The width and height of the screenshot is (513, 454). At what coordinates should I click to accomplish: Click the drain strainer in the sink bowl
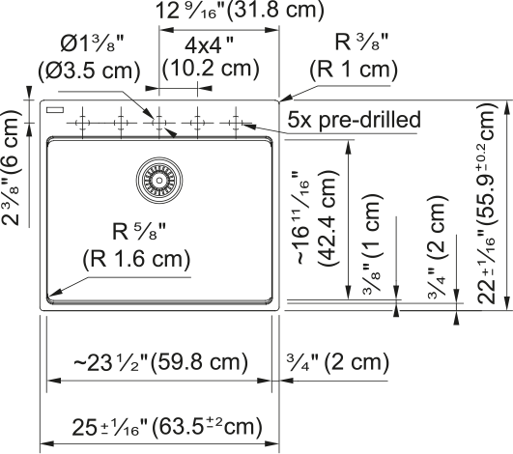point(159,181)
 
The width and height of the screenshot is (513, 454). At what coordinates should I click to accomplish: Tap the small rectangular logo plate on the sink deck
point(55,110)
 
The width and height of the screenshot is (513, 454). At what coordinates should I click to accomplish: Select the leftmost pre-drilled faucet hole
point(82,123)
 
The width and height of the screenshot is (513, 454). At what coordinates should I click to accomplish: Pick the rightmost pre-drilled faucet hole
point(236,123)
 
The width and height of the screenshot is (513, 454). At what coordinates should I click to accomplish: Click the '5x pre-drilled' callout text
point(354,120)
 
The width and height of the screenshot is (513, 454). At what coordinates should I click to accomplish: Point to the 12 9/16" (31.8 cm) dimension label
point(240,10)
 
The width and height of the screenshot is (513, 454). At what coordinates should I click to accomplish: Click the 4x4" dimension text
point(210,45)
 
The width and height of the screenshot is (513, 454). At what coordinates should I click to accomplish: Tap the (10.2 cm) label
point(211,69)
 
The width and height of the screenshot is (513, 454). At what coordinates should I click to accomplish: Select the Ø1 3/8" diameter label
point(92,43)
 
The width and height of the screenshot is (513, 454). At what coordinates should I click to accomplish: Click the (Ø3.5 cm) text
point(89,71)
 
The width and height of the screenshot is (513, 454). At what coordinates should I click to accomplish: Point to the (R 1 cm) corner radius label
point(354,70)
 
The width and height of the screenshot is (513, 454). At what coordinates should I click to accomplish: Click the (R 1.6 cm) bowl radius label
point(136,260)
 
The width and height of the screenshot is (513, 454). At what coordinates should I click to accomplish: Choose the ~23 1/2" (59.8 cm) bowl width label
point(161,363)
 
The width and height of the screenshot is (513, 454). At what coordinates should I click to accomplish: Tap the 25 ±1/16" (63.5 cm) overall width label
point(167,427)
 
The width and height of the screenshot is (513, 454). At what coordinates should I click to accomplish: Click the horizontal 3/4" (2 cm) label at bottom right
point(338,362)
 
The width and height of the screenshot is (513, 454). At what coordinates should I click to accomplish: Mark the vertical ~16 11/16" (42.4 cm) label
point(316,217)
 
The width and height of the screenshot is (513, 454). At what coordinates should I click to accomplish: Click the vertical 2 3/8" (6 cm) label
point(12,167)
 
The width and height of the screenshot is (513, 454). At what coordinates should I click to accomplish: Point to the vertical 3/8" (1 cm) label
point(372,243)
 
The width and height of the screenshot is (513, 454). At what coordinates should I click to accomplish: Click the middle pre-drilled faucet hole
point(159,123)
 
